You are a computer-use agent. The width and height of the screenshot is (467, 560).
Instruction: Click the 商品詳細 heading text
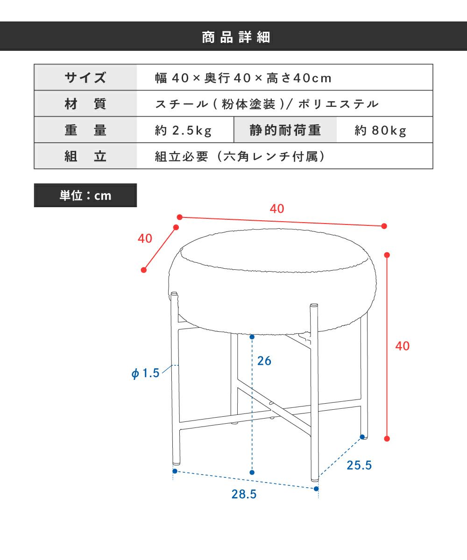pos(236,37)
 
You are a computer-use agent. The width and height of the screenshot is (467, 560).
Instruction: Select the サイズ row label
pos(85,78)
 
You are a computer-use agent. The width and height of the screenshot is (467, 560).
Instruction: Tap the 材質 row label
pos(85,104)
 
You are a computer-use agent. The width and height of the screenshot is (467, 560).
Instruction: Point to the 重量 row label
pos(85,130)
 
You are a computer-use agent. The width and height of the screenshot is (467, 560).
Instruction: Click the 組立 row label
pos(85,156)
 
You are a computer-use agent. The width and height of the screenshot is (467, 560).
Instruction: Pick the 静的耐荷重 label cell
pos(285,130)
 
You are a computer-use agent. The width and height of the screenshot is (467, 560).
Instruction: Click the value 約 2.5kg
pos(184,131)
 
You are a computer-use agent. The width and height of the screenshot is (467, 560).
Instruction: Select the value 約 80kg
pos(380,131)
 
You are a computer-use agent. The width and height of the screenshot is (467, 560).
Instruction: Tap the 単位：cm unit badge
pos(85,195)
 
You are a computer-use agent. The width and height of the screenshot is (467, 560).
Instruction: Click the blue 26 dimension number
pos(264,361)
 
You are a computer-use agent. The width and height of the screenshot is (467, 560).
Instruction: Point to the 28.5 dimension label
pos(244,494)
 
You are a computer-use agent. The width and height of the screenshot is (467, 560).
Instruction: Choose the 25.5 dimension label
pos(359,465)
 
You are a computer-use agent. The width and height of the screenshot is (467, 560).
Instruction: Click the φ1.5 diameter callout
pos(145,373)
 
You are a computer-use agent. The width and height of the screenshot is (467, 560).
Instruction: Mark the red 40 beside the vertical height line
pos(402,346)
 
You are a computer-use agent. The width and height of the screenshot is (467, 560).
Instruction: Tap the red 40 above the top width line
pos(277,209)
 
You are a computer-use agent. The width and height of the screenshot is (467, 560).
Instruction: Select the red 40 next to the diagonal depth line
pos(145,238)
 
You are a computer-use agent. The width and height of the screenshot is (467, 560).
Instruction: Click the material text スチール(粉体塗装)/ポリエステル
pos(267,104)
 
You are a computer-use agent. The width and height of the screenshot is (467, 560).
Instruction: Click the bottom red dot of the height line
pos(387,439)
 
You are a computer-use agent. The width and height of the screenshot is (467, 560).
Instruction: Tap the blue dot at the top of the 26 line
pos(252,336)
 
